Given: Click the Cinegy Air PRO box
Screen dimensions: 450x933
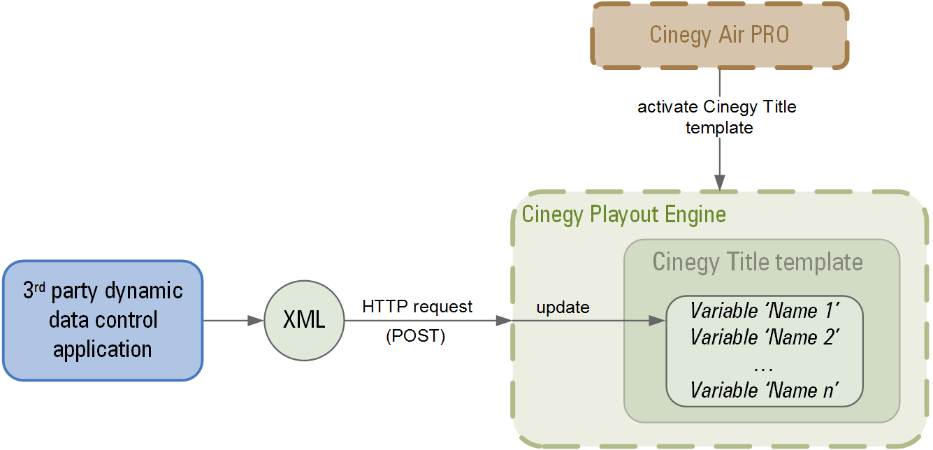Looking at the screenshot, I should [719, 35].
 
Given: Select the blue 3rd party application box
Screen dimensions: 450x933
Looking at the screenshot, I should [103, 321].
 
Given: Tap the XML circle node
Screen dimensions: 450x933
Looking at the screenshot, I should [304, 321].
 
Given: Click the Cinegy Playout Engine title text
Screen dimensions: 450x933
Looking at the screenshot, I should [624, 214].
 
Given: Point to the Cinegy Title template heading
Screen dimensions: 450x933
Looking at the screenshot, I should [758, 262].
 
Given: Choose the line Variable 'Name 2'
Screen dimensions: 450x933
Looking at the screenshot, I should [765, 337].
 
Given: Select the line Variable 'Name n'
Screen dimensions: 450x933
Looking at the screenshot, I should [765, 390].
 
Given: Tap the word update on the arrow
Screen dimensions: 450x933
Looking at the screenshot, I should [563, 307].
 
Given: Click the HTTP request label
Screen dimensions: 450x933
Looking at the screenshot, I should [417, 307].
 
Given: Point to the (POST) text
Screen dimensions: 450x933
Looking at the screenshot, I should [415, 336].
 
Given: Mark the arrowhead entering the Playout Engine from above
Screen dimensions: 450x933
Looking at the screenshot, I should [719, 183].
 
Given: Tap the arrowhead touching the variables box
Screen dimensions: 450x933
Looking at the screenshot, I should [657, 321].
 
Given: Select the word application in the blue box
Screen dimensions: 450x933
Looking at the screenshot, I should [103, 349].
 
